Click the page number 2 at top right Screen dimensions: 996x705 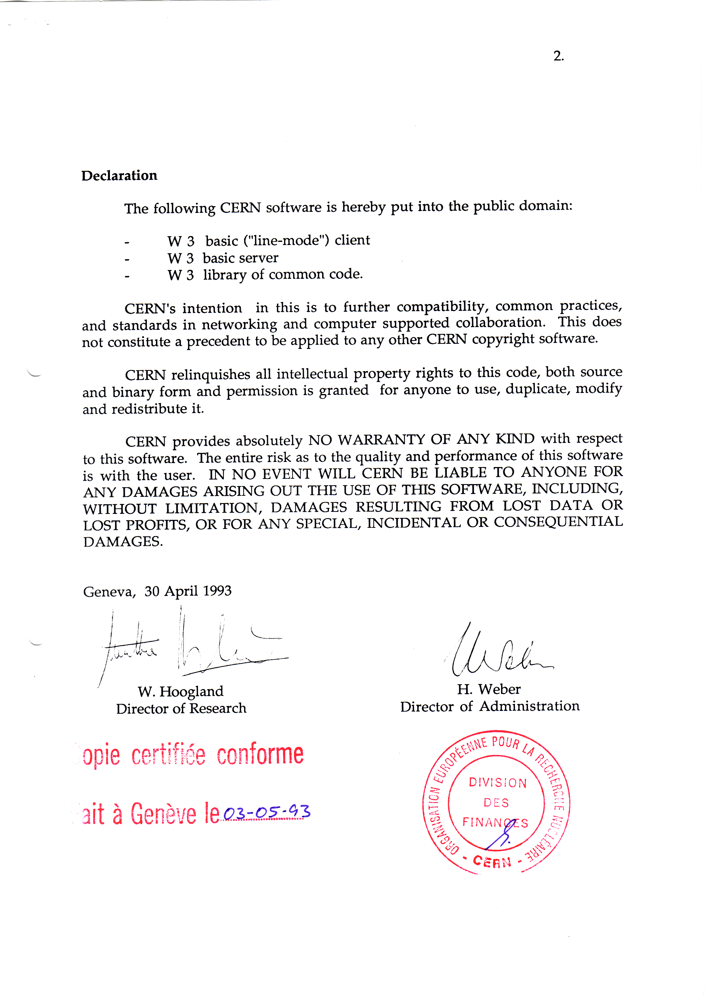click(558, 56)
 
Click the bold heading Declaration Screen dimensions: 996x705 click(119, 176)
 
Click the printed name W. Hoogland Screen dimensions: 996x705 click(181, 691)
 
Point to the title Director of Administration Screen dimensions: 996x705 click(490, 706)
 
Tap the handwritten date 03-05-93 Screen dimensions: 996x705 click(266, 812)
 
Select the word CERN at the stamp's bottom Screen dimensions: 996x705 click(492, 861)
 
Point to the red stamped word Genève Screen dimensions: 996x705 click(163, 814)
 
